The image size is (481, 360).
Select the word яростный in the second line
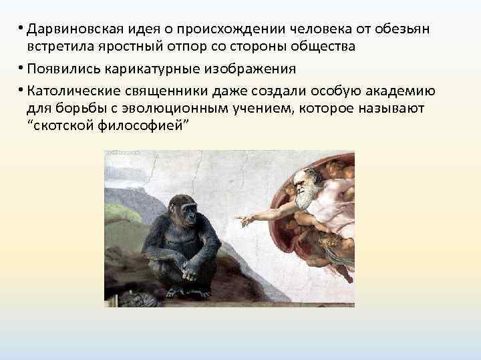click(111, 47)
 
